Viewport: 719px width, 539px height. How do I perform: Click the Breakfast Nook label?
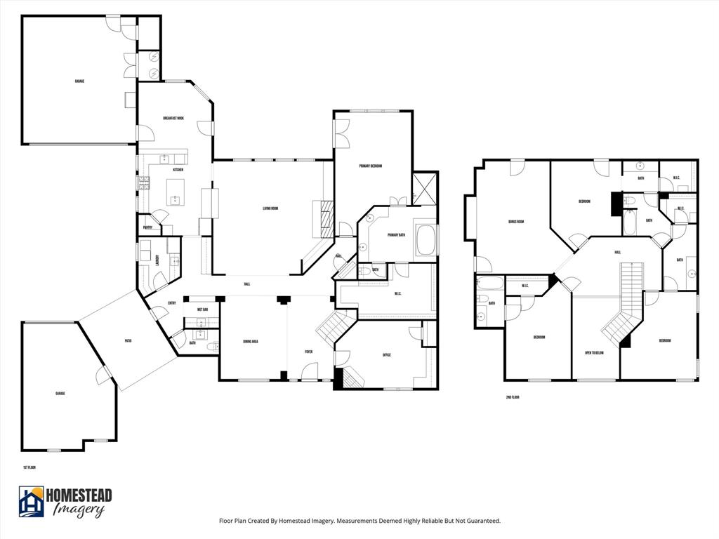click(173, 119)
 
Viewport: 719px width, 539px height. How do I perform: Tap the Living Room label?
click(271, 208)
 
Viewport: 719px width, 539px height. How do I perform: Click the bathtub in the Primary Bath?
click(426, 241)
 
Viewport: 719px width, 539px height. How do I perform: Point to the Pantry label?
click(148, 227)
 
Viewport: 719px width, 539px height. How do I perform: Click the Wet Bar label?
click(202, 310)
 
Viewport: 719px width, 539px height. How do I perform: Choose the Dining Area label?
click(251, 342)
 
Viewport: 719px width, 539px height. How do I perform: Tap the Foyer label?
click(308, 352)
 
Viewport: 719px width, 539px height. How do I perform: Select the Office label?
click(386, 355)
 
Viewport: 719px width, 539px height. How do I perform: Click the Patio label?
click(128, 341)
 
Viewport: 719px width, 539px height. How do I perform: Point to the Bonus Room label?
click(516, 222)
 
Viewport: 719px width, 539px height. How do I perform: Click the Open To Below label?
click(594, 353)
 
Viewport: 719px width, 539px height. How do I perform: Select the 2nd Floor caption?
click(513, 397)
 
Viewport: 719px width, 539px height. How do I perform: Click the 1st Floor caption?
click(29, 467)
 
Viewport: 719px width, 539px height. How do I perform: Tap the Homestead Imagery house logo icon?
click(32, 502)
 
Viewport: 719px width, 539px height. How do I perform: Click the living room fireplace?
click(324, 218)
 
